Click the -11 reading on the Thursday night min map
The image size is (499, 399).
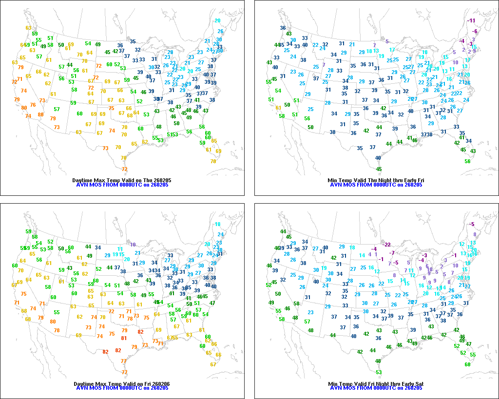(471, 20)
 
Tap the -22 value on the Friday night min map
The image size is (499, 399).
(387, 244)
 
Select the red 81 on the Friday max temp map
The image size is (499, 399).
(124, 338)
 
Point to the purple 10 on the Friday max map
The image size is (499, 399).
(133, 244)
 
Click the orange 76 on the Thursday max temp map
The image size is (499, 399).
(33, 105)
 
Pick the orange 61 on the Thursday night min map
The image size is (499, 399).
(278, 108)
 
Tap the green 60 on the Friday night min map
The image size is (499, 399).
(467, 364)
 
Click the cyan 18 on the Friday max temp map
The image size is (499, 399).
(218, 224)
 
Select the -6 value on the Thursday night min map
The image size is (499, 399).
(475, 31)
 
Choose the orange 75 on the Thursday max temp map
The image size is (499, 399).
(111, 108)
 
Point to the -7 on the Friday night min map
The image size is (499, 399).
(392, 253)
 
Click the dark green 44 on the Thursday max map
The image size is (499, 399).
(70, 65)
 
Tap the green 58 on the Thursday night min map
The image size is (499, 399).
(282, 115)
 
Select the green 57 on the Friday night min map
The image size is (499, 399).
(307, 321)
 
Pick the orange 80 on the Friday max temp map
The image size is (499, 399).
(53, 322)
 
